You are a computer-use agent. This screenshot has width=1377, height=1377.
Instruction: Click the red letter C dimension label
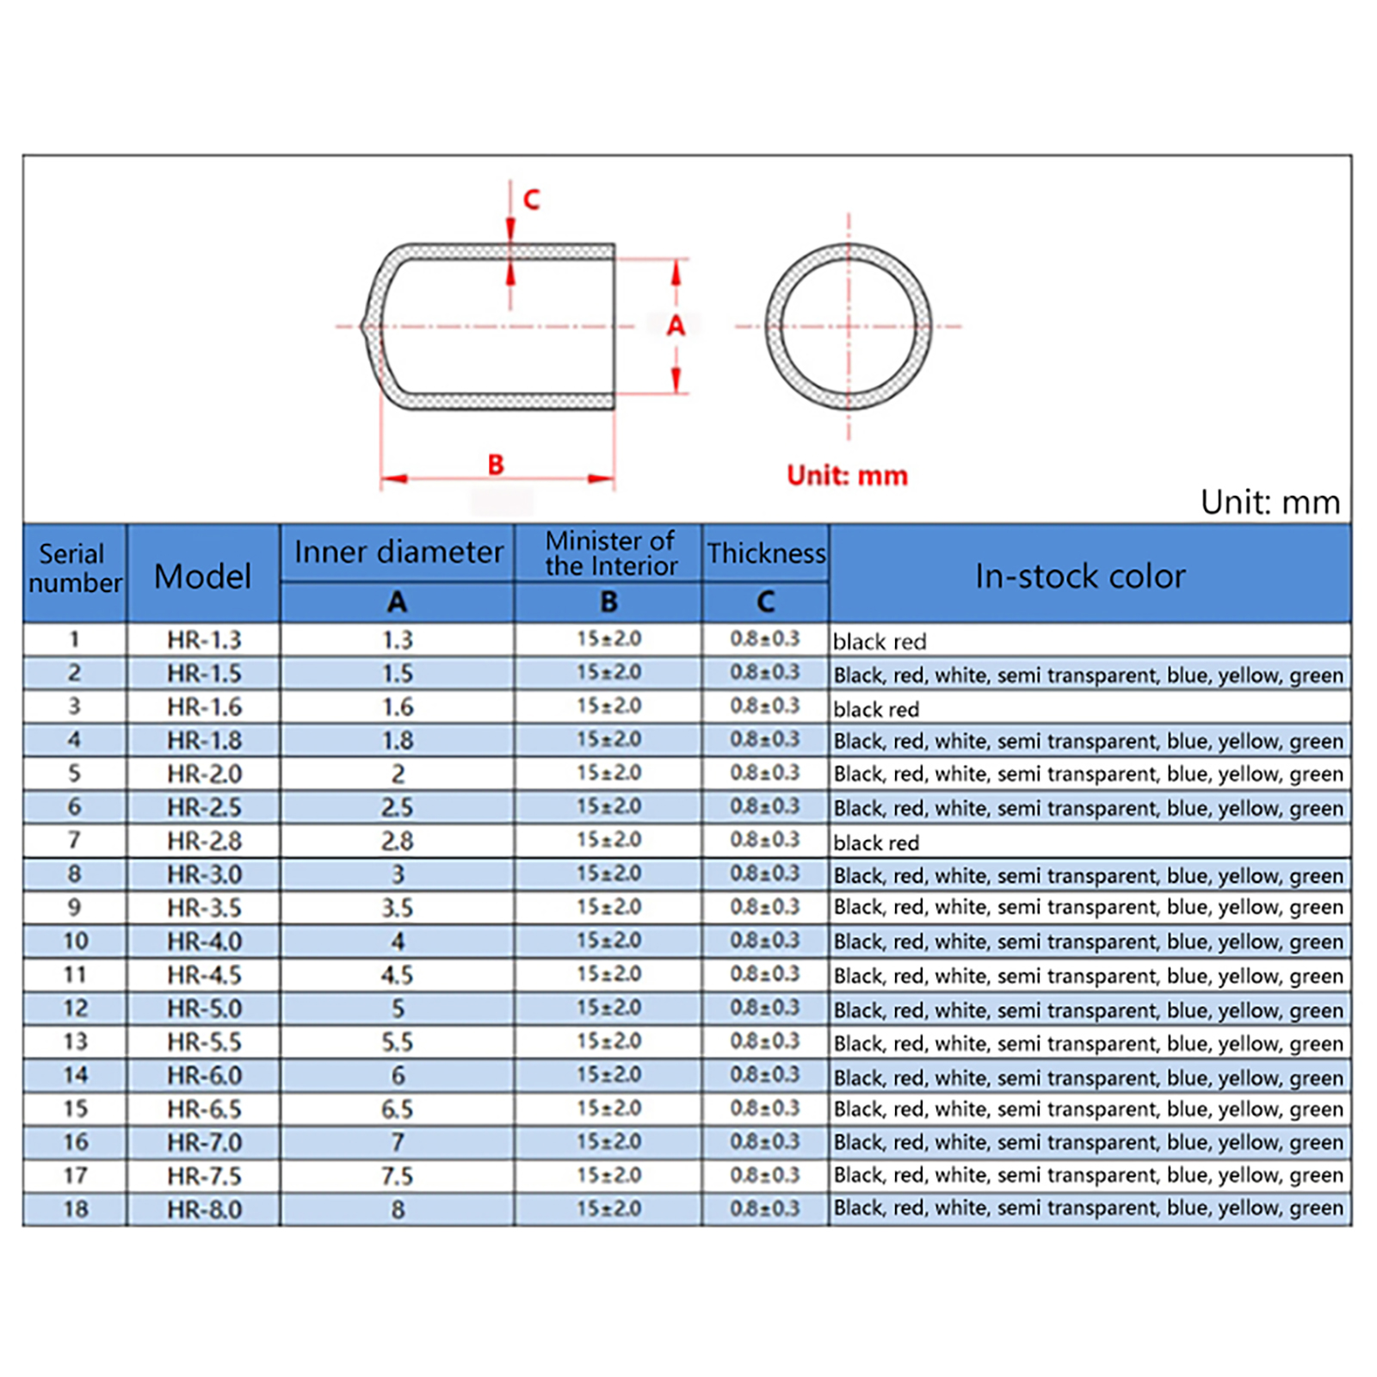click(531, 200)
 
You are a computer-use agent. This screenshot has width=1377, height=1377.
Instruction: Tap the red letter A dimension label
click(676, 325)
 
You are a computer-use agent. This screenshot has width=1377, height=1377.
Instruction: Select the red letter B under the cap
click(496, 465)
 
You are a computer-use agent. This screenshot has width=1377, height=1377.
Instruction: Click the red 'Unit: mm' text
click(847, 475)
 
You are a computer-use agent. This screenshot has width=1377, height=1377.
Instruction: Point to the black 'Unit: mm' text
click(1270, 502)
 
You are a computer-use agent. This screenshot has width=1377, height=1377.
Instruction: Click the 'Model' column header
click(202, 576)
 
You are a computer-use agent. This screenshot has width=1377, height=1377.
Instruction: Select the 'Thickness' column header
click(766, 553)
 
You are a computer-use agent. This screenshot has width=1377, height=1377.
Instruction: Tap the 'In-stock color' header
click(1080, 576)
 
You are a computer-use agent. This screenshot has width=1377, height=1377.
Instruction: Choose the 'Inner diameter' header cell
click(398, 552)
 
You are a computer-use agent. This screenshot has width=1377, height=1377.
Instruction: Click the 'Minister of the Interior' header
click(610, 553)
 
